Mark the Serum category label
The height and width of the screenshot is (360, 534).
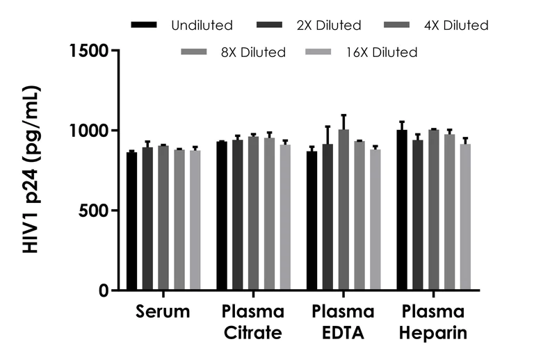coord(163,312)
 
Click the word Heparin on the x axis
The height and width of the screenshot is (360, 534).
coord(433,334)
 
